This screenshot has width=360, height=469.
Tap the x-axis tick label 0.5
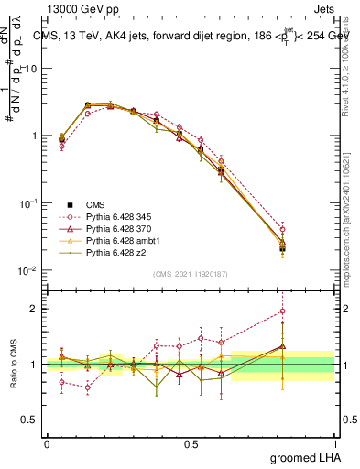(191, 443)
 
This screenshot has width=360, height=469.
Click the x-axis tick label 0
(47, 443)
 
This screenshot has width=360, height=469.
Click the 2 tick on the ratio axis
(34, 309)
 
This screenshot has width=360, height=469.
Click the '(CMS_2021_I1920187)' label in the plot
(190, 274)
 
